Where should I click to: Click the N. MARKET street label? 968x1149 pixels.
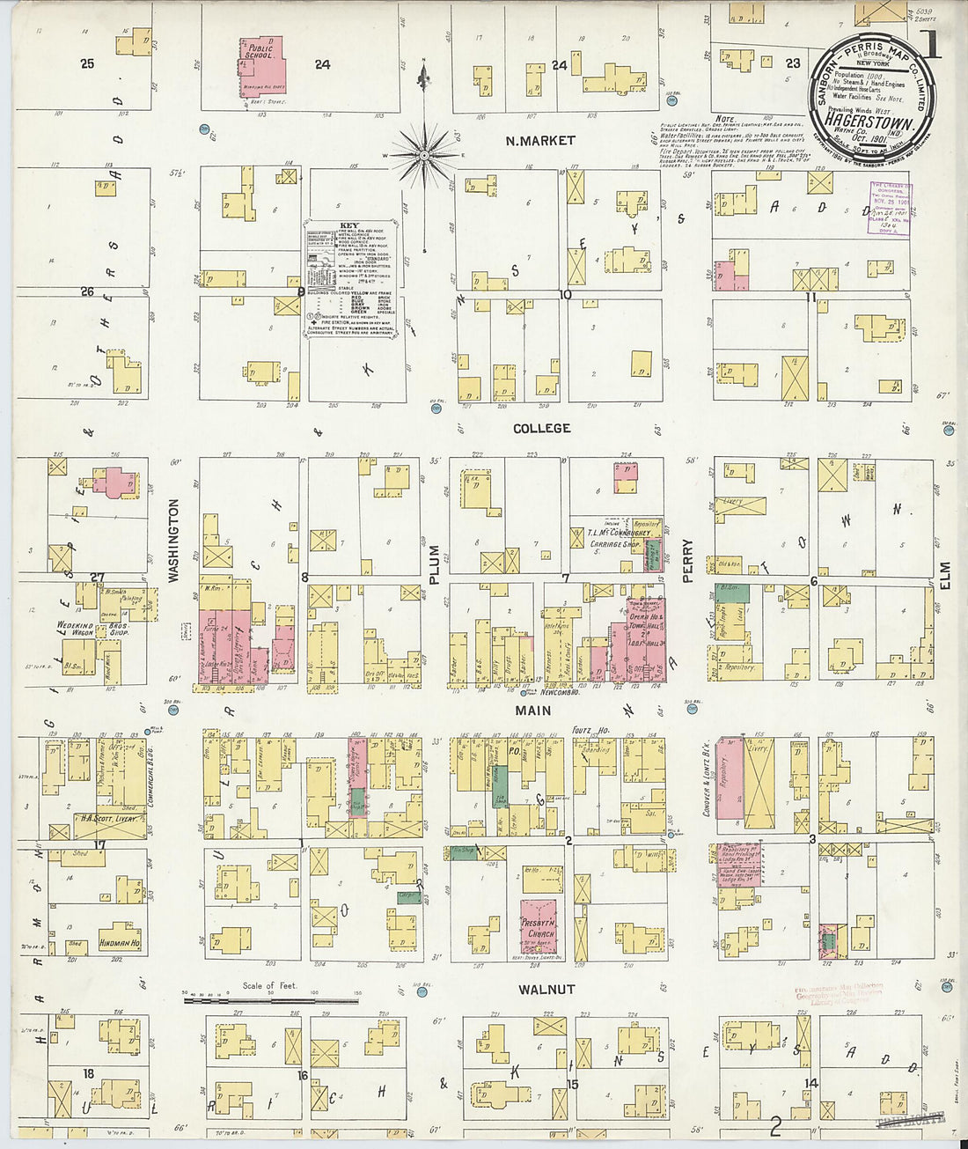[x=540, y=141]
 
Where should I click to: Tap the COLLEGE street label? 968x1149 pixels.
[x=542, y=428]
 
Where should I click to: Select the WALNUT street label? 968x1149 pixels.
[x=546, y=990]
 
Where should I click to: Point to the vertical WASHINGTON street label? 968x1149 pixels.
[x=173, y=541]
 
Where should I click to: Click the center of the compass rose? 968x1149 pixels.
[x=424, y=156]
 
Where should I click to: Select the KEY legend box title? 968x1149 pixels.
[x=349, y=226]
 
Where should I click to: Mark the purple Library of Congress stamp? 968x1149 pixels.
[x=890, y=208]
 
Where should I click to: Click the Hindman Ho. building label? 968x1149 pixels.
[x=119, y=942]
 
